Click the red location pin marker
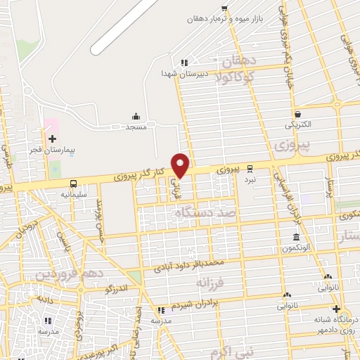click(x=181, y=165)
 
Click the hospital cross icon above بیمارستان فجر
click(x=52, y=139)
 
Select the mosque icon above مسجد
click(x=135, y=117)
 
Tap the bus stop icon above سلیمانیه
click(x=74, y=184)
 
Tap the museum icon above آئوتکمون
click(x=296, y=237)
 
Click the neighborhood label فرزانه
click(x=210, y=282)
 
